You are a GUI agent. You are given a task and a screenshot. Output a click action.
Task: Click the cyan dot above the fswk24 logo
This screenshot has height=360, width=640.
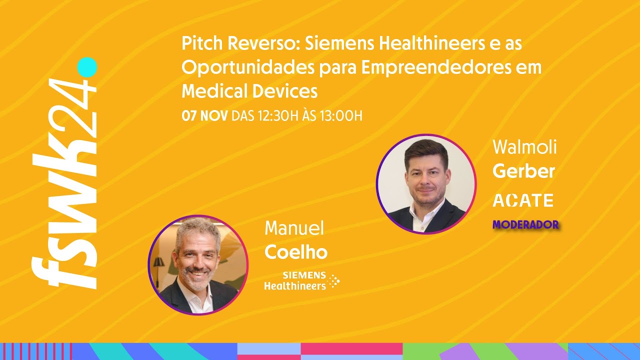87,67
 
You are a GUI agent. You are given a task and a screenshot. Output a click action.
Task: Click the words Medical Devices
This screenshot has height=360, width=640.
249,91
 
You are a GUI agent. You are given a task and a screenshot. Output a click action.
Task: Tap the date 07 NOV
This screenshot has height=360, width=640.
204,116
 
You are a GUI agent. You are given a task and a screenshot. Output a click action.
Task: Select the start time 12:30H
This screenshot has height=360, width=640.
277,116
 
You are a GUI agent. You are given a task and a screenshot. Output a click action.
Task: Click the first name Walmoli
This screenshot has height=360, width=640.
524,147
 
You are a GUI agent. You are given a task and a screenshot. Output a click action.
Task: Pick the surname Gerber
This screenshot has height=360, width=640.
523,171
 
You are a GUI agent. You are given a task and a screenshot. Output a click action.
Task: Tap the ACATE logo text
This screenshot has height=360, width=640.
523,200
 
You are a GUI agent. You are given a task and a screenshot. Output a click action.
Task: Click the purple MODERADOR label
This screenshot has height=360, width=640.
525,225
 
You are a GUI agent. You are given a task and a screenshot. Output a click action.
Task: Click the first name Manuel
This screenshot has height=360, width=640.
294,228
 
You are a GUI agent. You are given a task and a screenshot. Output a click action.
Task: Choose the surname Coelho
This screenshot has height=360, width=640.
295,252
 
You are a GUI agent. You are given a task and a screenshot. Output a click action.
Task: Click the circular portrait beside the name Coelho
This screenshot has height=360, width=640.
198,265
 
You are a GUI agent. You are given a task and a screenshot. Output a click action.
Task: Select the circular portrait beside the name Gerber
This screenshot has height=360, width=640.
426,184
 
